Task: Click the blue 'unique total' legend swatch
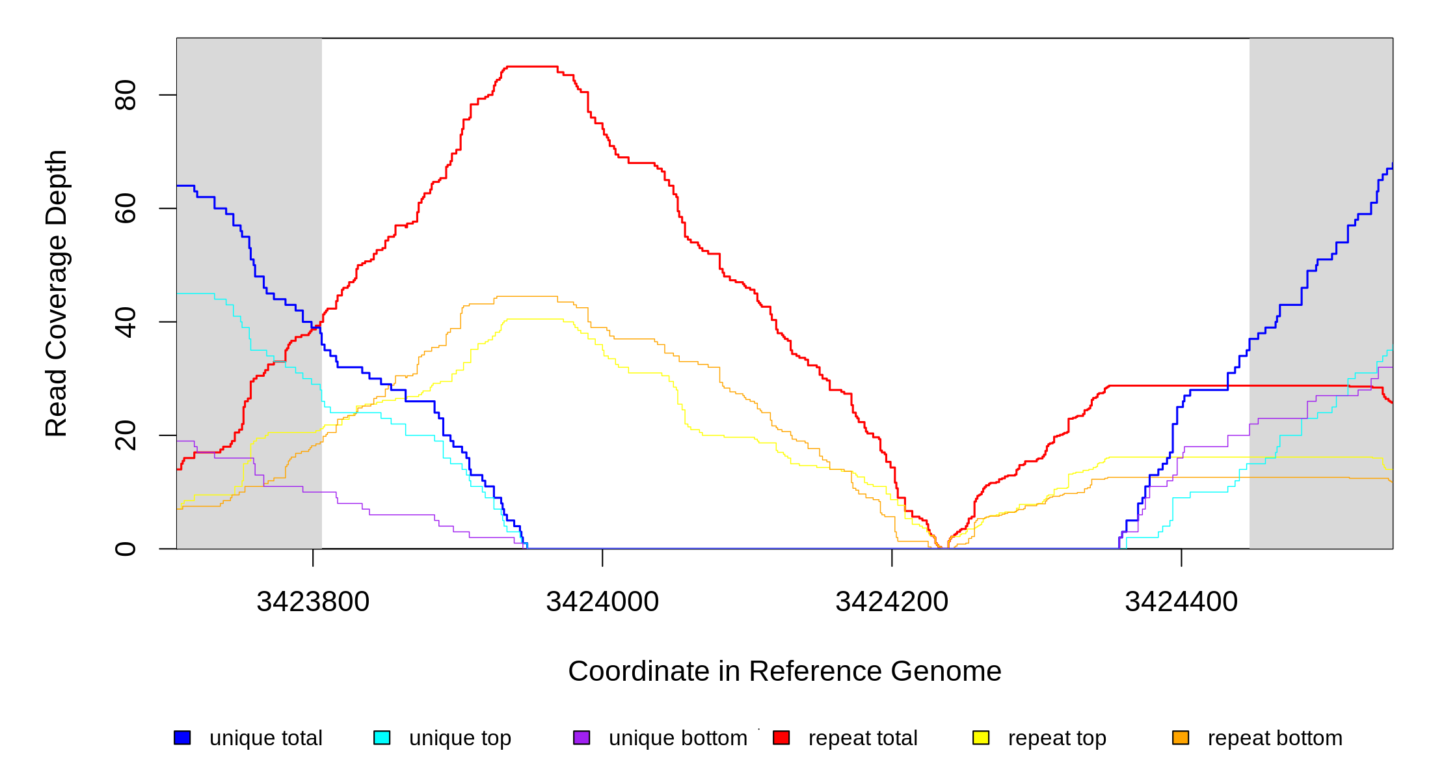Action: click(x=182, y=737)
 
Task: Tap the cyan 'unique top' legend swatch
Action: click(x=382, y=737)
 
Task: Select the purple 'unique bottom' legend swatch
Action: click(x=582, y=737)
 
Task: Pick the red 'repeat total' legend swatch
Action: click(x=781, y=737)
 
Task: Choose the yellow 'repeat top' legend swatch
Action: click(x=981, y=737)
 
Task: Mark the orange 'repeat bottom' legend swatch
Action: click(x=1181, y=737)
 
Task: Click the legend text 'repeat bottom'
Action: click(x=1275, y=738)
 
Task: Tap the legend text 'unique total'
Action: click(x=265, y=738)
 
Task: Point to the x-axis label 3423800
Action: click(x=313, y=601)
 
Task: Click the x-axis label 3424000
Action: click(x=602, y=601)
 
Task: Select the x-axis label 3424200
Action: click(x=892, y=601)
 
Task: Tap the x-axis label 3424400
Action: click(x=1181, y=601)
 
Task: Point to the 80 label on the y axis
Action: click(x=126, y=95)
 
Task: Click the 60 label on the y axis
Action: click(x=126, y=208)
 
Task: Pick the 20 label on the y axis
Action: click(x=126, y=435)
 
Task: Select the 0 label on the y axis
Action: click(x=126, y=549)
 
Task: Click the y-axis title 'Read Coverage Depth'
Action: click(x=57, y=293)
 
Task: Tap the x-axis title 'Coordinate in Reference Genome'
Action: click(x=784, y=671)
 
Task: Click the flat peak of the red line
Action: click(x=532, y=66)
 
